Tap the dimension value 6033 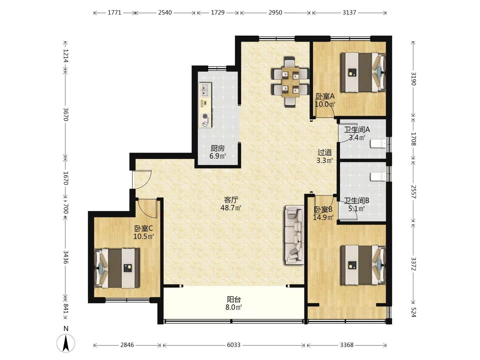pyautogui.click(x=234, y=345)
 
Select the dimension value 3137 pyautogui.click(x=349, y=13)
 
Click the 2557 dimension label pyautogui.click(x=413, y=192)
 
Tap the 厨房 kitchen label pyautogui.click(x=218, y=148)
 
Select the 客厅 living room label pyautogui.click(x=231, y=200)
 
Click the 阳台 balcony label pyautogui.click(x=234, y=299)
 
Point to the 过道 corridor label pyautogui.click(x=325, y=152)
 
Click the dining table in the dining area pyautogui.click(x=290, y=82)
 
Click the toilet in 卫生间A pyautogui.click(x=378, y=144)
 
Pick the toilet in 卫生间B pyautogui.click(x=378, y=177)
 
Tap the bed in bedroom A pyautogui.click(x=363, y=72)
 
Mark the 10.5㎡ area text pyautogui.click(x=144, y=236)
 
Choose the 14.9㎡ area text pyautogui.click(x=323, y=217)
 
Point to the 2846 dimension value pyautogui.click(x=127, y=345)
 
